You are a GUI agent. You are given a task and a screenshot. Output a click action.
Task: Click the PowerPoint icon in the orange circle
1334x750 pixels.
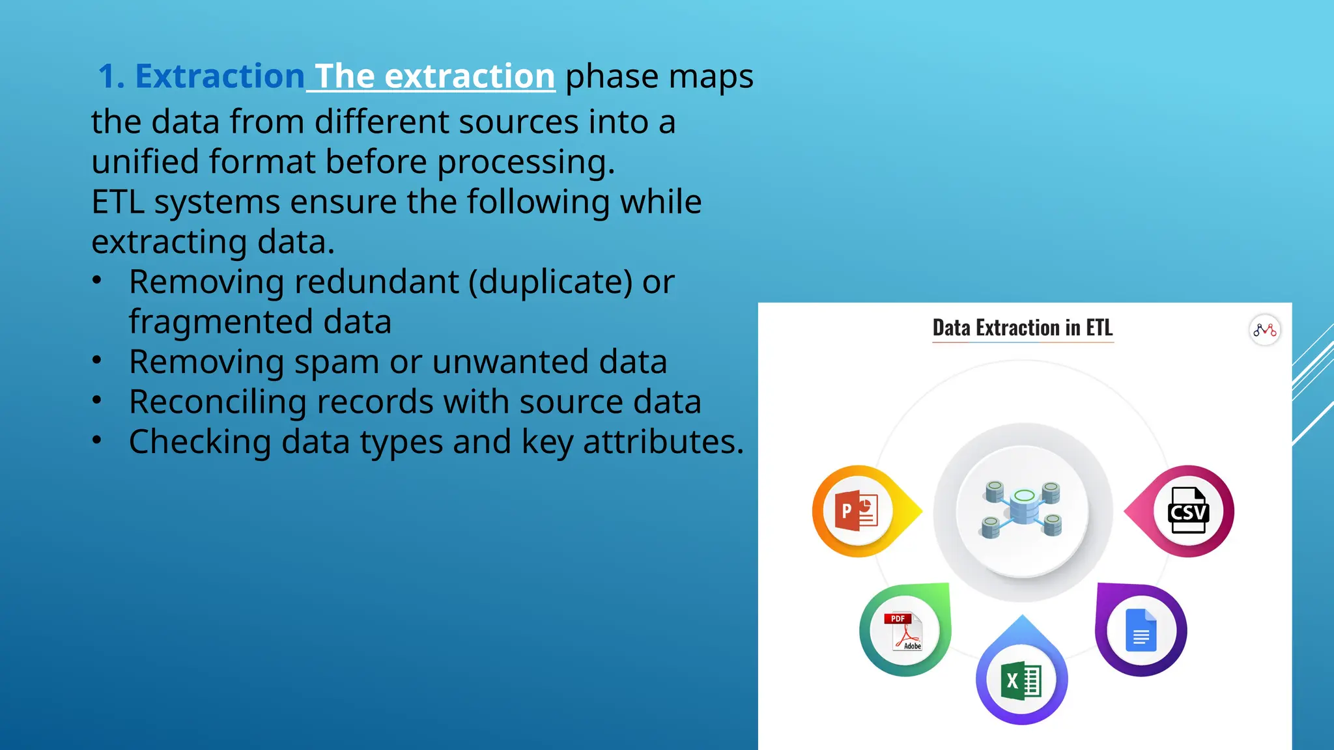(857, 511)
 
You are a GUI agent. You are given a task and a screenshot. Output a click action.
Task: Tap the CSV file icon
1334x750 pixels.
(1188, 511)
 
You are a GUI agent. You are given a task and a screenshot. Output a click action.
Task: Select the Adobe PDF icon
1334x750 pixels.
(904, 631)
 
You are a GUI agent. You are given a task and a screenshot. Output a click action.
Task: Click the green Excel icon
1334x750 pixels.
(1021, 680)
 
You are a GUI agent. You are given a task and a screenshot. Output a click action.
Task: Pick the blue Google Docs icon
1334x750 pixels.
(1141, 630)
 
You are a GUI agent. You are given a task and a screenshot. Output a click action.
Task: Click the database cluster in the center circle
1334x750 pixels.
(1023, 510)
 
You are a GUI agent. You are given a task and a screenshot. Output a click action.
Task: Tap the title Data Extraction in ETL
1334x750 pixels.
(1022, 327)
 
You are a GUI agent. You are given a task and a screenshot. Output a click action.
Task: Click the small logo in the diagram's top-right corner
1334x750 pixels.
(1264, 330)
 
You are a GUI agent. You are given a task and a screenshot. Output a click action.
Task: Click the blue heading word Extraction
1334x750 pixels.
(220, 76)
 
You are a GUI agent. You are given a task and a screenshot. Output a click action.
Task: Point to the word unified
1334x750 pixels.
(144, 161)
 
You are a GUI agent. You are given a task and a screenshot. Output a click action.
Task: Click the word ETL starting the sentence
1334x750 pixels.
(117, 202)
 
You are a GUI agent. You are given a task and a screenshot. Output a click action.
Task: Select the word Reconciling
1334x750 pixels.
(218, 402)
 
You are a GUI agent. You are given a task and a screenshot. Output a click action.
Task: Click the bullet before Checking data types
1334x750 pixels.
(97, 441)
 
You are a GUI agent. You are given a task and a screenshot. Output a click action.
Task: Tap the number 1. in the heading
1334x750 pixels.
(111, 76)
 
